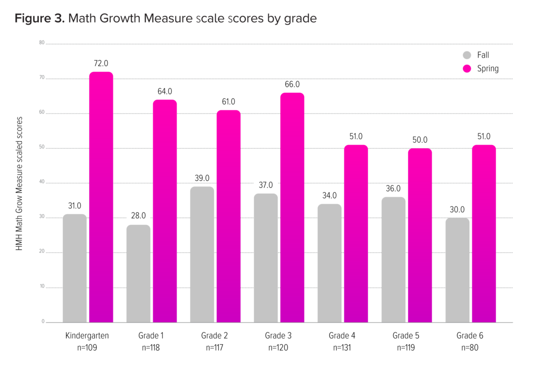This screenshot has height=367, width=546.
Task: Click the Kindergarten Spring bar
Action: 101,197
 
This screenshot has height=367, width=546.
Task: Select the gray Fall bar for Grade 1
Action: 138,273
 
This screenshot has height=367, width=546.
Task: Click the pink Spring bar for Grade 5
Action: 420,235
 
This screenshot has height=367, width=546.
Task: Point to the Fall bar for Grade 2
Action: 202,254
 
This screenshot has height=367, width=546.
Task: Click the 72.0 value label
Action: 101,63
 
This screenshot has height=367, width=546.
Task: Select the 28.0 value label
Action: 138,216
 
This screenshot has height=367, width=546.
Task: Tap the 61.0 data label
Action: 228,102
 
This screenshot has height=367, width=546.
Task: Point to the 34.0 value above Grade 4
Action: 329,195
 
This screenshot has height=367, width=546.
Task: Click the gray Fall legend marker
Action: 467,55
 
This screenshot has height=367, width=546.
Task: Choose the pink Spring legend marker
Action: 467,68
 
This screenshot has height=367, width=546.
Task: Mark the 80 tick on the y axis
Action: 42,43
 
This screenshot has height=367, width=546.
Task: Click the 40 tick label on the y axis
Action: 42,182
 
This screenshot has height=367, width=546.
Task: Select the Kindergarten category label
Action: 87,335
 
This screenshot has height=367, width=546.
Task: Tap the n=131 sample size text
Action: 342,348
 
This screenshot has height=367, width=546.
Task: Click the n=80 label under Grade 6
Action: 470,348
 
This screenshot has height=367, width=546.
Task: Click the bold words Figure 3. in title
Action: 40,19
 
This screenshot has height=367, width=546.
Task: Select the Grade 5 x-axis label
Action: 406,335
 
